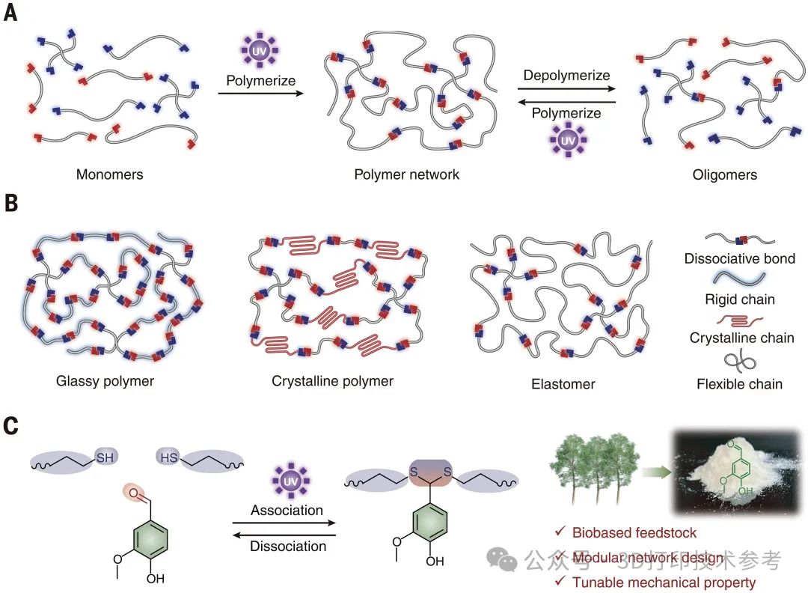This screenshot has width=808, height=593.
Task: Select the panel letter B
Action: tap(10, 204)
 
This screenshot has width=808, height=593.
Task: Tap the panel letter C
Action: tap(10, 425)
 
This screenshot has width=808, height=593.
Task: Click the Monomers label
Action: tap(109, 174)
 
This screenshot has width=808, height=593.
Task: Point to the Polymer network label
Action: tap(407, 174)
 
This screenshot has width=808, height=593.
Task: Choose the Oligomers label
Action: tap(725, 174)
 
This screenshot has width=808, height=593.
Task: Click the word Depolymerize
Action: tap(566, 76)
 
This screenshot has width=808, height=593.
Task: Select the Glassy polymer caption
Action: tap(105, 381)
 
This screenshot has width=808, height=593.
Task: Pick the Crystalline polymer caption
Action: tap(332, 381)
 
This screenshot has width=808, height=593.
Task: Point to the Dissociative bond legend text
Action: tap(739, 259)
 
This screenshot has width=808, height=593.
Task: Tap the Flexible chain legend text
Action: tap(739, 384)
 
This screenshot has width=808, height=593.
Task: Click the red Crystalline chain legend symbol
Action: tap(739, 320)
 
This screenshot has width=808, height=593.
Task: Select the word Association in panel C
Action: tap(287, 510)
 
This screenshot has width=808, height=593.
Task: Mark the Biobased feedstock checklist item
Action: tap(634, 533)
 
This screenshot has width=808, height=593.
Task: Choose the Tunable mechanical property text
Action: tap(664, 582)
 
